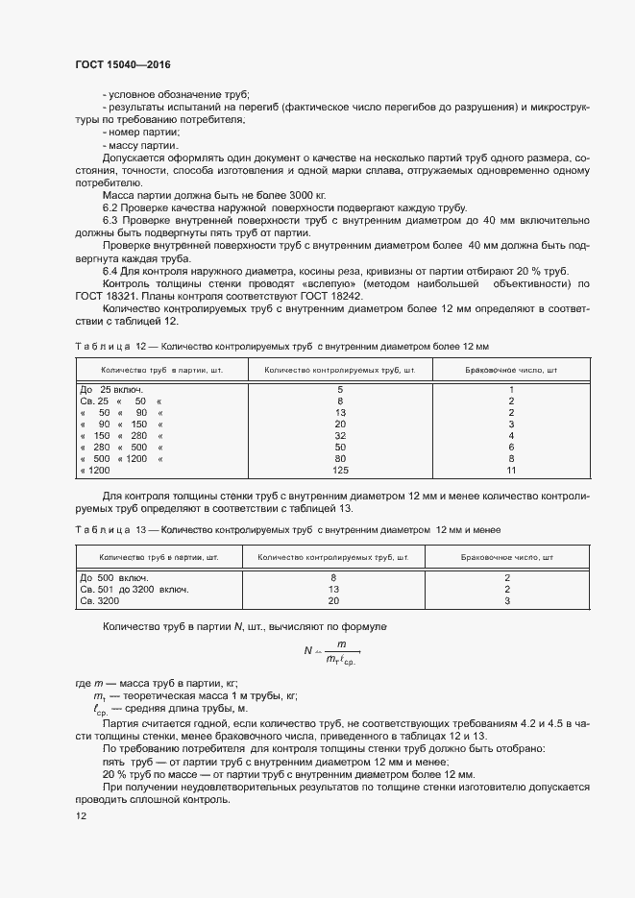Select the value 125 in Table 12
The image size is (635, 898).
coord(339,471)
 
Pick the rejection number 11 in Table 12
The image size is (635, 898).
coord(511,471)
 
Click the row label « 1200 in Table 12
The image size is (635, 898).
coord(95,471)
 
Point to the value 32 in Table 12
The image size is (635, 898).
coord(339,434)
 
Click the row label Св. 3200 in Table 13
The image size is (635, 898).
coord(100,600)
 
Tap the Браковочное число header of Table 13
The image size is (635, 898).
coord(507,557)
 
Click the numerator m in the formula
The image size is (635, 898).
coord(340,644)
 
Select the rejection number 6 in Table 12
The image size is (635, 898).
coord(511,447)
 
